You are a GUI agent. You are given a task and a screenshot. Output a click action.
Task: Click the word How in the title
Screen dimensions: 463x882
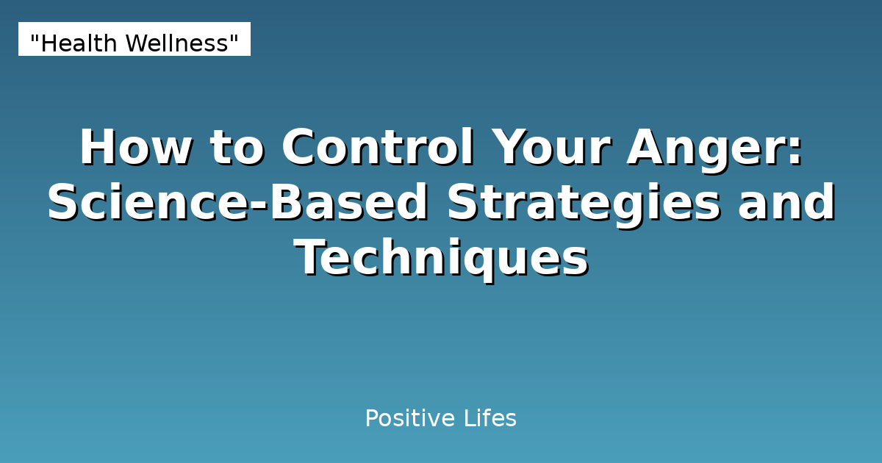pyautogui.click(x=136, y=147)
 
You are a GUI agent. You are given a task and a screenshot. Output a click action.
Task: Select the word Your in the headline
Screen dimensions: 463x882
pyautogui.click(x=551, y=147)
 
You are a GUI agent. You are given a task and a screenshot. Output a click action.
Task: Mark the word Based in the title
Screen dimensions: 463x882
pyautogui.click(x=350, y=203)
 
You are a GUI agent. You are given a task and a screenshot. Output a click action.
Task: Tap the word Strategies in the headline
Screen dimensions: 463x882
pyautogui.click(x=584, y=203)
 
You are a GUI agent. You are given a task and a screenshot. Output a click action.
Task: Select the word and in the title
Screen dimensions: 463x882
pyautogui.click(x=786, y=203)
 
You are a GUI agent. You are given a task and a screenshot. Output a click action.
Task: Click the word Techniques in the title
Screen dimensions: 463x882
pyautogui.click(x=441, y=259)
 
